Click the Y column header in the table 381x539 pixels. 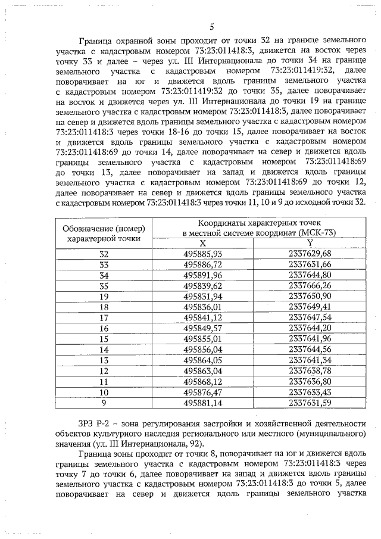tap(310, 243)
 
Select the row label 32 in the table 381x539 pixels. tap(104, 254)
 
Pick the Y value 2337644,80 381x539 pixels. tap(310, 275)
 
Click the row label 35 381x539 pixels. tap(104, 285)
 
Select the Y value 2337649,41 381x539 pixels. tap(310, 307)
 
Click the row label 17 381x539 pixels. tap(104, 317)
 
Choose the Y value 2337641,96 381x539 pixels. tap(310, 339)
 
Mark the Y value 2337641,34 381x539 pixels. tap(310, 360)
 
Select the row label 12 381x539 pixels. tap(104, 371)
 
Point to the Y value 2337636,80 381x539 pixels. tap(310, 382)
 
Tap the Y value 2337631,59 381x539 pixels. tap(310, 403)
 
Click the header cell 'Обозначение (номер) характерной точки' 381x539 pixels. tap(104, 233)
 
